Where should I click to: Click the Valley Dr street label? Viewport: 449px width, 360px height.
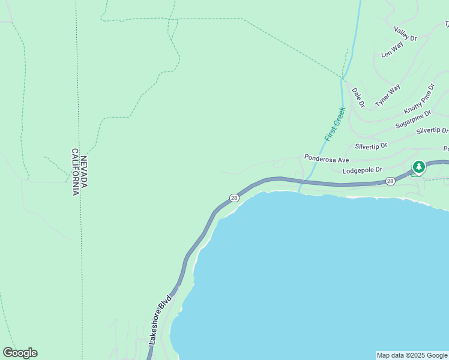point(405,34)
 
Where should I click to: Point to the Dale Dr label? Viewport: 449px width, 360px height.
point(358,97)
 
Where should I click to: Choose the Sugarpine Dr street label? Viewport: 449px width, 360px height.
point(413,119)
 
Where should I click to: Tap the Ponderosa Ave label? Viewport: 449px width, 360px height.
point(327,158)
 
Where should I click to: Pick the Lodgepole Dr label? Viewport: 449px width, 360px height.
point(362,171)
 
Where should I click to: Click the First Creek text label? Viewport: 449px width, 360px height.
point(334,124)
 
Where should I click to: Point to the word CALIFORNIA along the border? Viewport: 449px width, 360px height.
point(76,172)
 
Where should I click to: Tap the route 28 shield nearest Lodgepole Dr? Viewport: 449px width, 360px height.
point(390,181)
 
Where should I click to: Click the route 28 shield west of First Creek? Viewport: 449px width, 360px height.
point(234,198)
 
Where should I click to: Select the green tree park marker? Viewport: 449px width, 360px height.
point(418,167)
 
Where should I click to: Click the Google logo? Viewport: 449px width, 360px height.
point(20,353)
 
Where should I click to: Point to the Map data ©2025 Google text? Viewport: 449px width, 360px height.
point(412,355)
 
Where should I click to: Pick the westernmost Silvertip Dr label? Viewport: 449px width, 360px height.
point(371,146)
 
